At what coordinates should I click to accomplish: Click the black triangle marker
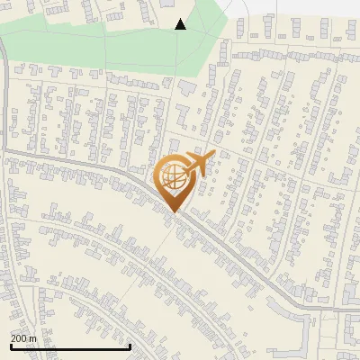180,24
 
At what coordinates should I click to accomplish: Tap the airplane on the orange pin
196,164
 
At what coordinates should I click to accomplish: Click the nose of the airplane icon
214,155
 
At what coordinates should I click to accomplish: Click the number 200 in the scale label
20,337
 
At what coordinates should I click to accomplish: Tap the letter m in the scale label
33,337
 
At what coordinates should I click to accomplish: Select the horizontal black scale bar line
70,346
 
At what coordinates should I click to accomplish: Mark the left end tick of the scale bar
11,345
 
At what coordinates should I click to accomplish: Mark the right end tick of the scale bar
130,345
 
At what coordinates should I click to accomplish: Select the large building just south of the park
186,88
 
